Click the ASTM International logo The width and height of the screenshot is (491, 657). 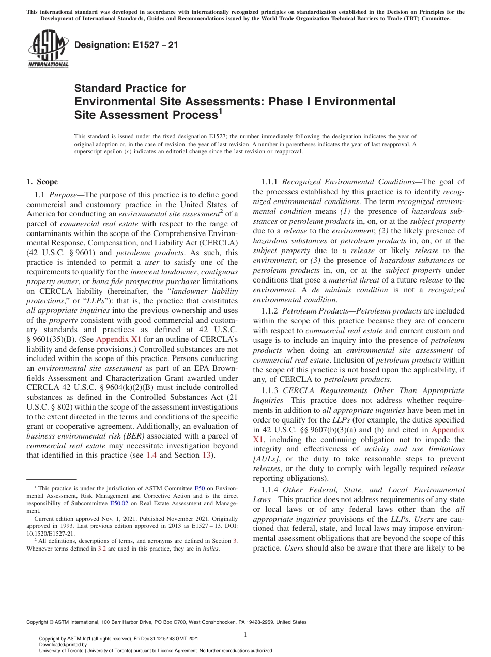(48, 49)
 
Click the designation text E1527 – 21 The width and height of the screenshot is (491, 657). (126, 45)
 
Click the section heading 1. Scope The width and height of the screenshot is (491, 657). (42, 182)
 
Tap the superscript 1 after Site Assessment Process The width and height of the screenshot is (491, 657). (220, 110)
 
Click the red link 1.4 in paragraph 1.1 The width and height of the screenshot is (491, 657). (151, 455)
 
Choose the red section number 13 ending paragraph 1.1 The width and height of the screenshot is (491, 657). (206, 455)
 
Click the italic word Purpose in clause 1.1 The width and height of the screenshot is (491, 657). (65, 195)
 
